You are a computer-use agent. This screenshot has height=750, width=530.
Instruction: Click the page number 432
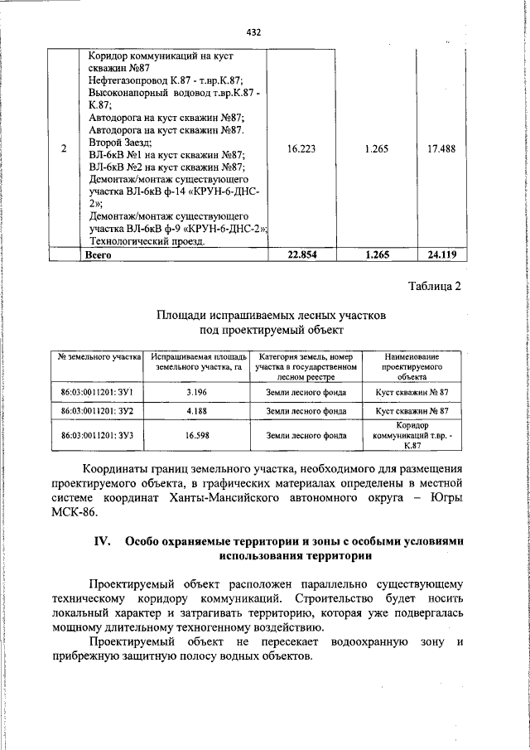coord(254,32)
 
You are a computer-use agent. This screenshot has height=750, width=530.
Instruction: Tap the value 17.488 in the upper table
coord(441,149)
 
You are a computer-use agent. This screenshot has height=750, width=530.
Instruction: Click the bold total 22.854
coord(301,255)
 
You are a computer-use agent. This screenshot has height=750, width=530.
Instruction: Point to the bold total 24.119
coord(441,255)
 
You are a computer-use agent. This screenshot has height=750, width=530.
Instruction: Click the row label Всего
coord(99,255)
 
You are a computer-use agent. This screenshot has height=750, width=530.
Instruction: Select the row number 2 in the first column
coord(64,149)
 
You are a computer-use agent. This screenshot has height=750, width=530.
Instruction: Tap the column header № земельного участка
coord(99,356)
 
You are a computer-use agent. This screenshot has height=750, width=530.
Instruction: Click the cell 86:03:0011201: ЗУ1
coord(97,391)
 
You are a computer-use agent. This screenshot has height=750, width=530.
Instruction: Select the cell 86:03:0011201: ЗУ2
coord(97,410)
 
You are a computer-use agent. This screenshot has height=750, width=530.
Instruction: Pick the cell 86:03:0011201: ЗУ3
coord(97,434)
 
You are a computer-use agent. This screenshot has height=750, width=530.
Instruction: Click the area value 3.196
coord(196,391)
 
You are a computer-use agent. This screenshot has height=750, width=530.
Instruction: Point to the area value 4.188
coord(196,410)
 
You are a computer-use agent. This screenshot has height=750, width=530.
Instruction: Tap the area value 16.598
coord(196,434)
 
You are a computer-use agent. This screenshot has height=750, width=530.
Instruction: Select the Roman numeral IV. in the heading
coord(104,541)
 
